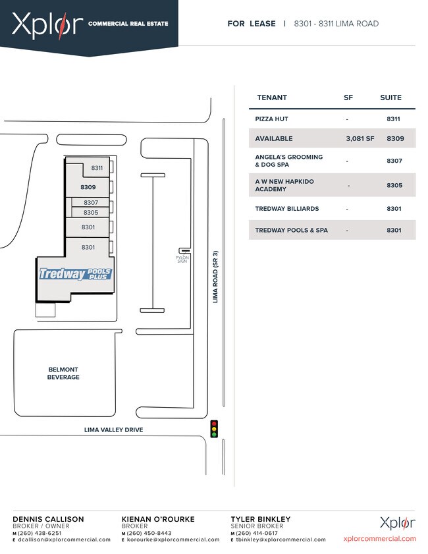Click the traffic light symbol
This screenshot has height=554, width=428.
(x=214, y=429)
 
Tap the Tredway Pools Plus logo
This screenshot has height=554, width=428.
(x=75, y=274)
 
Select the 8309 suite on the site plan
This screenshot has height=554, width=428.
(x=88, y=187)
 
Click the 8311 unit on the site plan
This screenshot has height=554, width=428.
(x=97, y=168)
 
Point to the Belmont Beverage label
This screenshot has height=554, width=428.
(x=63, y=374)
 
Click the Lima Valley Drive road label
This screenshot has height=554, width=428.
(x=114, y=430)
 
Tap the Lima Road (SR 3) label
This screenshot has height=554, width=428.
(x=215, y=277)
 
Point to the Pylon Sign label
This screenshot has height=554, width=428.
(x=182, y=260)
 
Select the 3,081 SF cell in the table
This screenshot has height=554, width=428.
(x=360, y=138)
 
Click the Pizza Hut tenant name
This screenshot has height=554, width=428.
(x=271, y=119)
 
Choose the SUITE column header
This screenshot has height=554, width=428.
(x=390, y=97)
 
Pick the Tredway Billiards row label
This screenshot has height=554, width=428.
(x=286, y=209)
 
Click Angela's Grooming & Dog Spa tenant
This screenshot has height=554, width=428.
(x=289, y=161)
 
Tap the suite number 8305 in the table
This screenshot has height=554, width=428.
(x=394, y=185)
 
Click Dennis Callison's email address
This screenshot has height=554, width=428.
(x=65, y=540)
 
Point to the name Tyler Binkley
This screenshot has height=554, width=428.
(x=261, y=519)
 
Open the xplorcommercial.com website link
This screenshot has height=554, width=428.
(x=380, y=539)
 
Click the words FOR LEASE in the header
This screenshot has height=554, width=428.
(x=252, y=24)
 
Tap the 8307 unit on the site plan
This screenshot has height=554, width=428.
(x=91, y=202)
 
